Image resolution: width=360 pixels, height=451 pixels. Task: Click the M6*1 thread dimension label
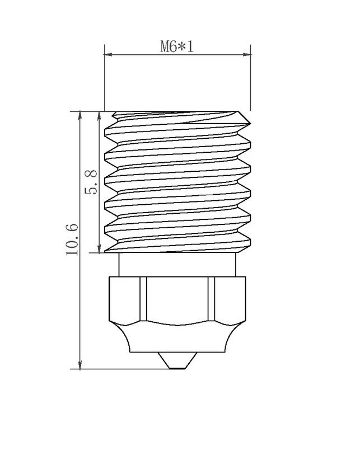(177, 46)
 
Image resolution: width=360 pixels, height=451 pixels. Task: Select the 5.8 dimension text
(91, 182)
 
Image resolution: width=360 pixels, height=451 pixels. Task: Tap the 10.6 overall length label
(72, 239)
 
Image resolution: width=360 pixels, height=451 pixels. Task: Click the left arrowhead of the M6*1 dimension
(108, 54)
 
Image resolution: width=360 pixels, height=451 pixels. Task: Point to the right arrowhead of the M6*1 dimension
(247, 54)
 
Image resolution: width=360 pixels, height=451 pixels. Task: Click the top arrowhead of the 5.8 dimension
(99, 116)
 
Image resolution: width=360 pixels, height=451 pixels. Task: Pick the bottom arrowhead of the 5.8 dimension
(99, 248)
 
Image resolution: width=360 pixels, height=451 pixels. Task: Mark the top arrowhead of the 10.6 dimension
(80, 116)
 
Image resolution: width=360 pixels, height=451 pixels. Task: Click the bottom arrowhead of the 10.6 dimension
(80, 365)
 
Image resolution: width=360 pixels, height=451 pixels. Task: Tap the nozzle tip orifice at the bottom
(177, 368)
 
